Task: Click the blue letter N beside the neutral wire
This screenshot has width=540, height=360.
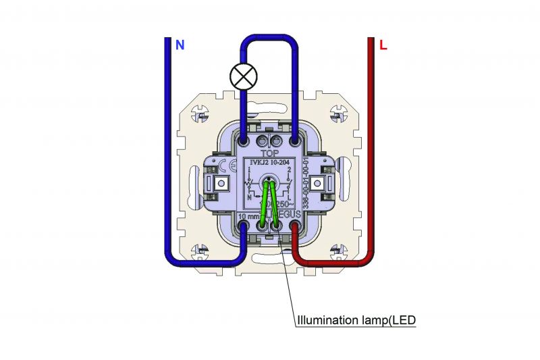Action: click(x=180, y=45)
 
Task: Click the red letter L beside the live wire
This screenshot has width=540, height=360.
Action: click(x=383, y=45)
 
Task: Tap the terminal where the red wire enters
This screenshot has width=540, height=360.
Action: click(x=295, y=230)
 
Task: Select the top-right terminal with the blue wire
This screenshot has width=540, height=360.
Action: click(x=295, y=142)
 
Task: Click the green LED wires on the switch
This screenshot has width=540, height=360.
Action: click(x=268, y=203)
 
